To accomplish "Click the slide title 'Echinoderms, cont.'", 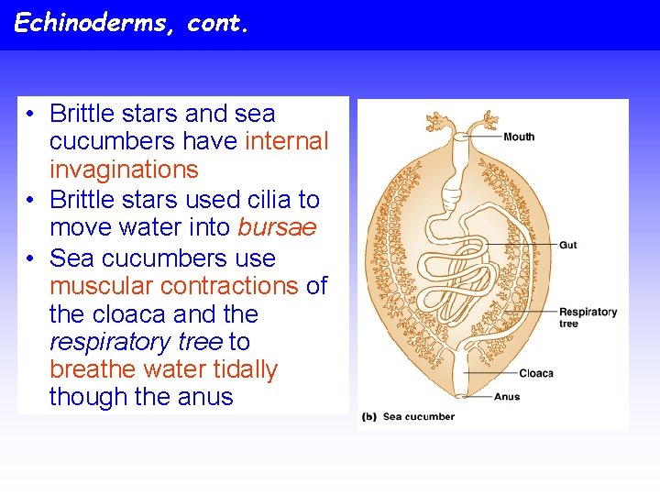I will (x=131, y=23).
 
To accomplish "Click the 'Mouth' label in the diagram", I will (x=519, y=137).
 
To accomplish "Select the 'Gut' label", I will (x=568, y=245).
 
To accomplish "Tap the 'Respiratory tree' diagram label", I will (x=588, y=317).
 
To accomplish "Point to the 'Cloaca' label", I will (x=536, y=373).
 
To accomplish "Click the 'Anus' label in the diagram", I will (x=507, y=397).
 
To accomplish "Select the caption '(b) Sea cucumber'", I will (x=409, y=416).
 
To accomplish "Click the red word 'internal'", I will (x=286, y=141).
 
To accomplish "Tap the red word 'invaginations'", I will (x=124, y=170).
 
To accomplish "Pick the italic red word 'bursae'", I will (x=277, y=227).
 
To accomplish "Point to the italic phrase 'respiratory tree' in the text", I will (x=136, y=342).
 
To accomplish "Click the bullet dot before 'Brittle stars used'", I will (x=31, y=200).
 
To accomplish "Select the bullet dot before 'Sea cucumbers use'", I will (x=31, y=258).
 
